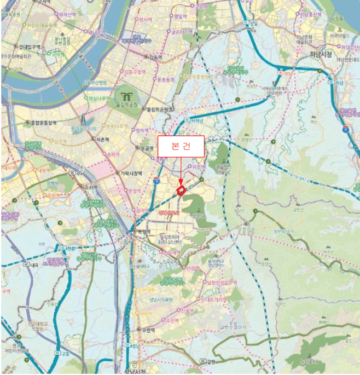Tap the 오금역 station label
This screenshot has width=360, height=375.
pyautogui.click(x=147, y=148)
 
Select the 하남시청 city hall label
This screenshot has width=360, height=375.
pyautogui.click(x=321, y=55)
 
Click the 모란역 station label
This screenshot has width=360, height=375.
pyautogui.click(x=147, y=331)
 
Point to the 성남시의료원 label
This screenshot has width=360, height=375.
pyautogui.click(x=161, y=299)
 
